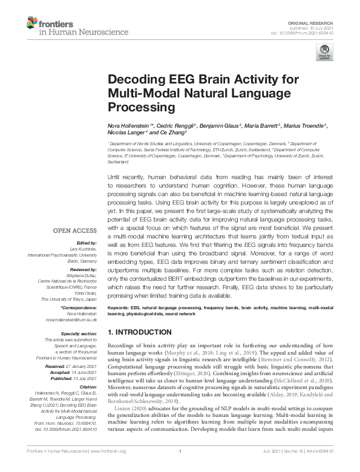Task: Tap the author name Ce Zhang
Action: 171,132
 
